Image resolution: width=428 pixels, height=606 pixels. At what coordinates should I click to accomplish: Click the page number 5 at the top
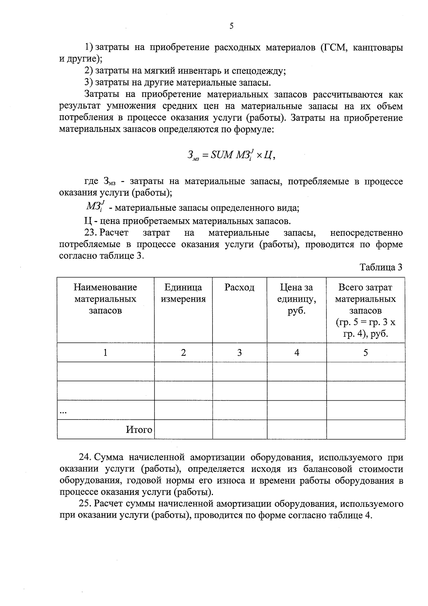231,26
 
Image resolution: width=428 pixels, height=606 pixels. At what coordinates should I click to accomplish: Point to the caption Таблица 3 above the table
381,267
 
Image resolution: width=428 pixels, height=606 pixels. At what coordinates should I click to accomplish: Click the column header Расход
239,288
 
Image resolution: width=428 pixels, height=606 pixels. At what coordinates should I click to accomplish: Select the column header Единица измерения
183,293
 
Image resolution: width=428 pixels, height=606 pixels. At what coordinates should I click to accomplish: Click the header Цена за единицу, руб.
296,299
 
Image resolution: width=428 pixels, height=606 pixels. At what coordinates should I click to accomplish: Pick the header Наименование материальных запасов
105,299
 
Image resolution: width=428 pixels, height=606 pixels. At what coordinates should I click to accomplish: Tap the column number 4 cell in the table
296,353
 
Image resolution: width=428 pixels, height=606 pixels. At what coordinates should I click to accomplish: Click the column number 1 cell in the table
105,353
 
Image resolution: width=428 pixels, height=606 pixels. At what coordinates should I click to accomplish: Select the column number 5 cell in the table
366,353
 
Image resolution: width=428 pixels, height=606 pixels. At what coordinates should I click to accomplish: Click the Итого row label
139,430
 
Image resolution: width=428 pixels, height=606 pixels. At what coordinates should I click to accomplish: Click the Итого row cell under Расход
239,430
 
